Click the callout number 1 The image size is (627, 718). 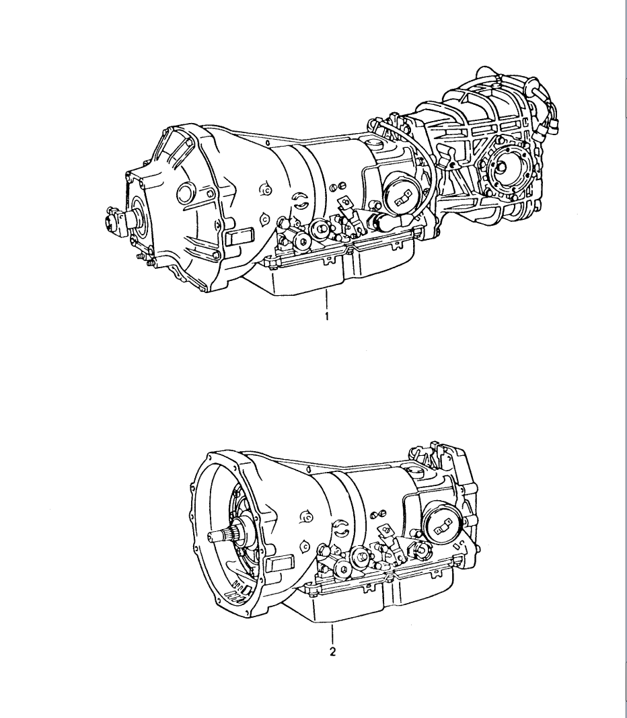326,317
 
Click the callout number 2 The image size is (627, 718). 332,651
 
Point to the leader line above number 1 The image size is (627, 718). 326,299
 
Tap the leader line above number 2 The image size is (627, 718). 332,633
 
